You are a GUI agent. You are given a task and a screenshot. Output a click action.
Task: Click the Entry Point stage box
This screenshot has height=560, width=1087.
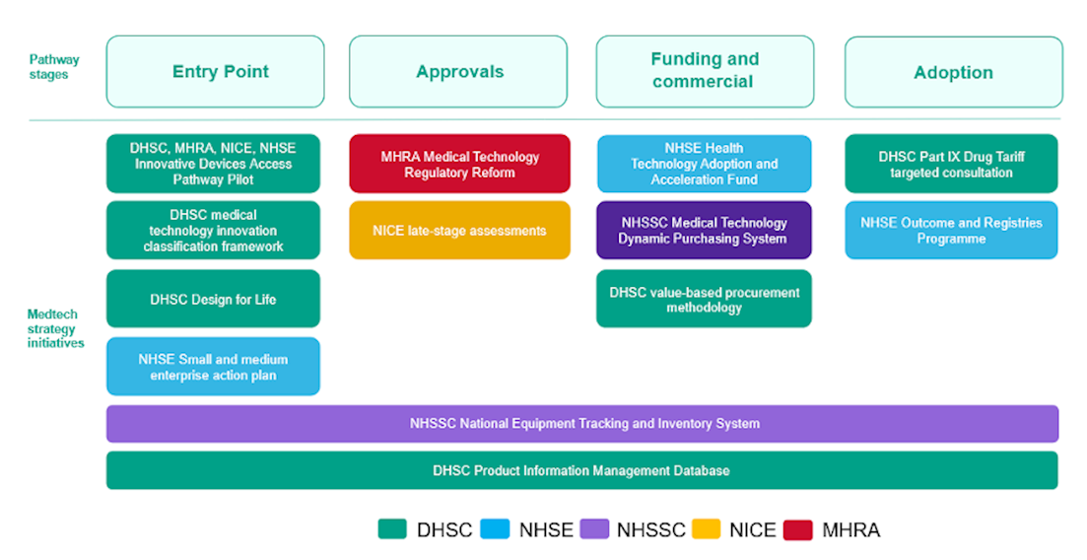[215, 72]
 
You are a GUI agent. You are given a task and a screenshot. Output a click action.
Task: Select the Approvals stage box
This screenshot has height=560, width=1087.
[458, 72]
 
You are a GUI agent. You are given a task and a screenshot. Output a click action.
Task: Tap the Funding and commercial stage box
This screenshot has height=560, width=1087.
[705, 72]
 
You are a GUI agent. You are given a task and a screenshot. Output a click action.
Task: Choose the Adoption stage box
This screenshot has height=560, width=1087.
[953, 72]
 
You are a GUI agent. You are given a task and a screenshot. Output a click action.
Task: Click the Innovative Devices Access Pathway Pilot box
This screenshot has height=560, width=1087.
[213, 164]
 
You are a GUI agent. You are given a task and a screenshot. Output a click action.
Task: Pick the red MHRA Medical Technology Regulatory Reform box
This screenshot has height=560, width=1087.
[459, 164]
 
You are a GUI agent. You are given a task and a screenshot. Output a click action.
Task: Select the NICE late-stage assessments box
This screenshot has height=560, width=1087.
[459, 231]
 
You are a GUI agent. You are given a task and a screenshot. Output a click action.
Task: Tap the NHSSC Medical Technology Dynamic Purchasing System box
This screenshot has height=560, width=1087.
[704, 231]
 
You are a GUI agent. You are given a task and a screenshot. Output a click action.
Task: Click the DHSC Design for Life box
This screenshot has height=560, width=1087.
[213, 299]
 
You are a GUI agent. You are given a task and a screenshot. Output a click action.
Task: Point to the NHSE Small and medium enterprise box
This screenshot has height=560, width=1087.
[213, 367]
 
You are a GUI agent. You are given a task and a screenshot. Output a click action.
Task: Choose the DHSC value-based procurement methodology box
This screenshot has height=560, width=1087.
[704, 299]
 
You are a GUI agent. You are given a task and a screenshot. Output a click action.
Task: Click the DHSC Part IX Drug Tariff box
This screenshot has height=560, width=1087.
[951, 164]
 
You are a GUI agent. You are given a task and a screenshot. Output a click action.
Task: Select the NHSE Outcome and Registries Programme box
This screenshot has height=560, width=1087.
[951, 231]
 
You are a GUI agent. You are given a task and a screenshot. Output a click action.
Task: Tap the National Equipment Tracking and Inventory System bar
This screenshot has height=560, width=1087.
[582, 424]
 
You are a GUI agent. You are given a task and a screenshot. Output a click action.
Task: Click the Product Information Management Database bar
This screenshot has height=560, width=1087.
[582, 470]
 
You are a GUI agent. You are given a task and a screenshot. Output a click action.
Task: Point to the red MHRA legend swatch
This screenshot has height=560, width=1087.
[797, 529]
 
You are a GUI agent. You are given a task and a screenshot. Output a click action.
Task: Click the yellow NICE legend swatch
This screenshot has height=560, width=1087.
[707, 529]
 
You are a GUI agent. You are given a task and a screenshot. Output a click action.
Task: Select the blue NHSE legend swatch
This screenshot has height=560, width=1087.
[495, 529]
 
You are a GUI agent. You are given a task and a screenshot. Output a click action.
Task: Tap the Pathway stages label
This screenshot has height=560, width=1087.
[54, 67]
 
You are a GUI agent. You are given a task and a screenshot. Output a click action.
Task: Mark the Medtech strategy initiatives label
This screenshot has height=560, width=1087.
[55, 328]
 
